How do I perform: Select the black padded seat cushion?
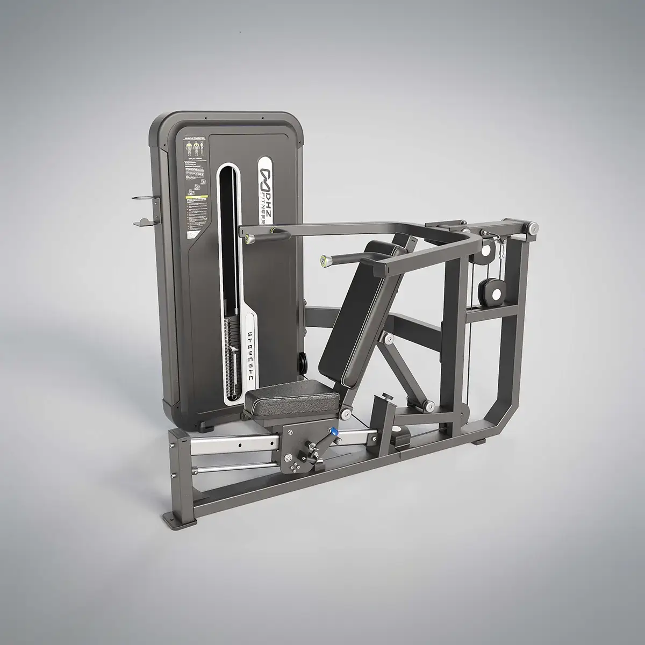pyautogui.click(x=290, y=398)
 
